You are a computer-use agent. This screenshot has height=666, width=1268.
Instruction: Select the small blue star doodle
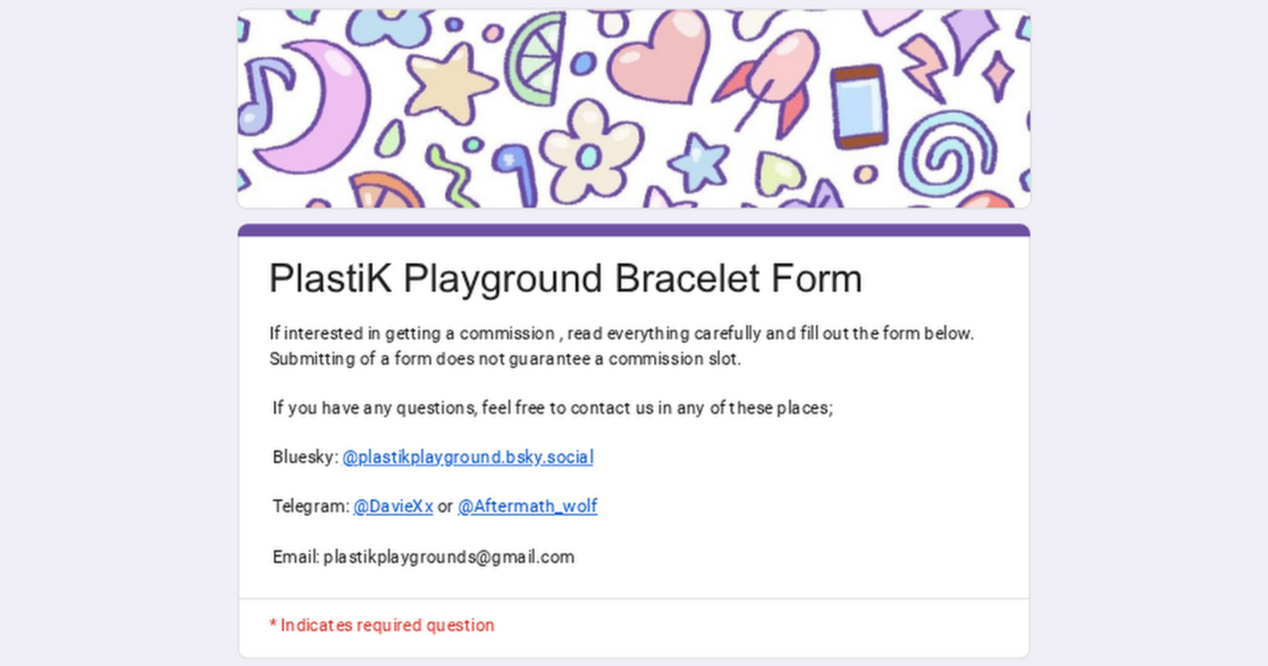(699, 162)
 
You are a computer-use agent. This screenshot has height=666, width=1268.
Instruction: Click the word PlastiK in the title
(330, 278)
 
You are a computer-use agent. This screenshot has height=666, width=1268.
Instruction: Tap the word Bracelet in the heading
(687, 278)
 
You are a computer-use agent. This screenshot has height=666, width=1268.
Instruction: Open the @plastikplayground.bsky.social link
(468, 457)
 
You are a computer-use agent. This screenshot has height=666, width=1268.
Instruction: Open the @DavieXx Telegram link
(393, 506)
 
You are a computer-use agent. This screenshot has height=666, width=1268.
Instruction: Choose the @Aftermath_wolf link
(527, 506)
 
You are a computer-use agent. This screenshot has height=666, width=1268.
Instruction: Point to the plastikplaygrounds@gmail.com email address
(449, 557)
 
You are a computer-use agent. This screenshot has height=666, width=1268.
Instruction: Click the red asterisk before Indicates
(273, 624)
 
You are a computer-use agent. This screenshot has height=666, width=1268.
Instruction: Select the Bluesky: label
(306, 457)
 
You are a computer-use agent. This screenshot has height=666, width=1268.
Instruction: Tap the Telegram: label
(311, 506)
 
